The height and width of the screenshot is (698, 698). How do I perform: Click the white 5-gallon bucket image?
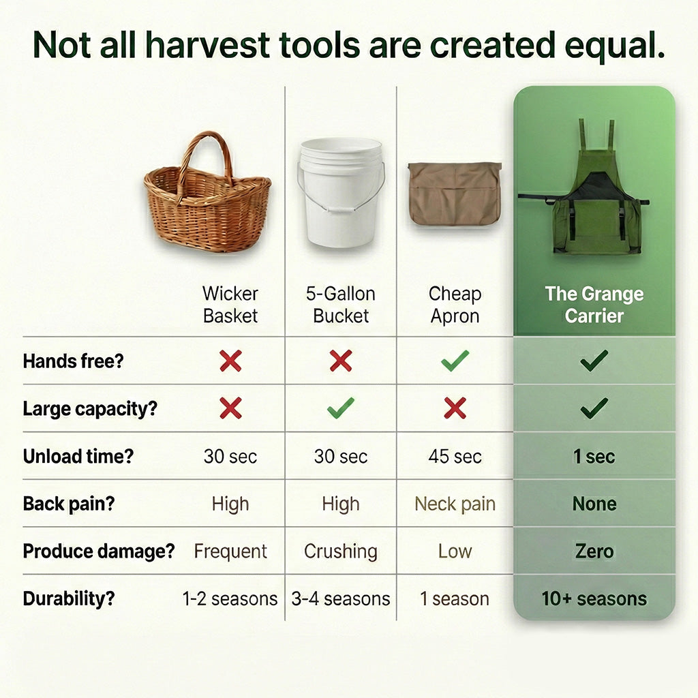pos(341,192)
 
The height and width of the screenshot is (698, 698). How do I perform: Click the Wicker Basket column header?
pos(230,305)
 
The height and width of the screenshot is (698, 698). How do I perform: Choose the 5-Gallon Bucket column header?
pos(341,305)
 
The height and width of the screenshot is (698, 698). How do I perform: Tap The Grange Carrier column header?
pos(594,305)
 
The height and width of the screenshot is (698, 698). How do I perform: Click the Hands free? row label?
pos(73,361)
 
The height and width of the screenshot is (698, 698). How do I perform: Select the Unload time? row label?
pos(78,456)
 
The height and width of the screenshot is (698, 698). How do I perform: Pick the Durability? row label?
pos(69,598)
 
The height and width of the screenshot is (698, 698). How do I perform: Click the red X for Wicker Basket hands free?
pos(230,361)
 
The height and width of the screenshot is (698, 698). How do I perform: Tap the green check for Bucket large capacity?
pos(341,408)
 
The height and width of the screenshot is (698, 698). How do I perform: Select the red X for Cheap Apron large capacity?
pos(455,408)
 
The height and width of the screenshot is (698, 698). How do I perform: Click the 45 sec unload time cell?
pos(455,456)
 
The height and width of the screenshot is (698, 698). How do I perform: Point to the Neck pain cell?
pos(455,504)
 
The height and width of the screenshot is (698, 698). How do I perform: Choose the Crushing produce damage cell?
pos(341,551)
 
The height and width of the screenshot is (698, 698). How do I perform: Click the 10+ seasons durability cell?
pos(594,598)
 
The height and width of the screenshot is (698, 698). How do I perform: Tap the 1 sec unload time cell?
pos(594,456)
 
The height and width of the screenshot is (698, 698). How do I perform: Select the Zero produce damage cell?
pos(594,551)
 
